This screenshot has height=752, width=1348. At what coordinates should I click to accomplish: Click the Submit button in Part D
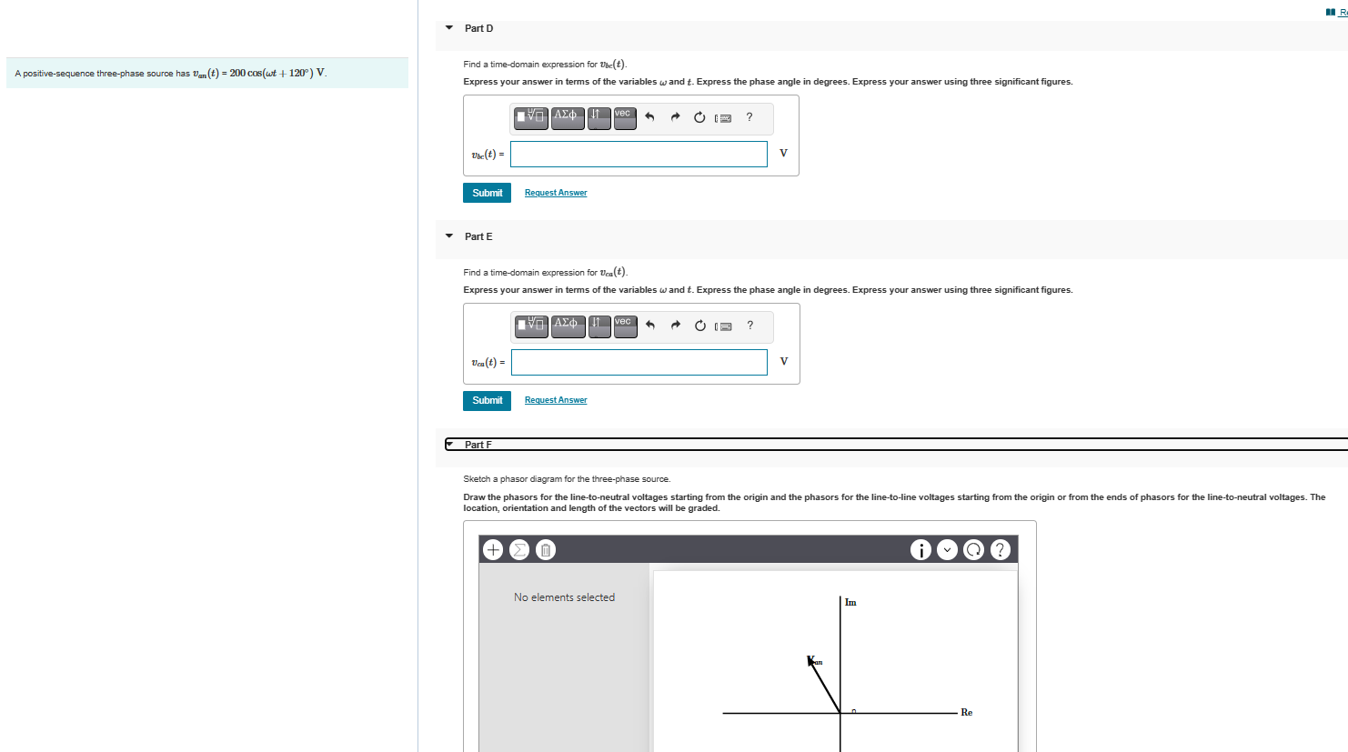coord(487,193)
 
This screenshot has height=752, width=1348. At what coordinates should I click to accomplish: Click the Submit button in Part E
coord(487,401)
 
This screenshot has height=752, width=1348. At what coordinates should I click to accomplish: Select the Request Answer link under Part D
coord(556,193)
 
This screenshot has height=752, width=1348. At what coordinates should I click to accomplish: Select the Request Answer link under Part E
coord(556,400)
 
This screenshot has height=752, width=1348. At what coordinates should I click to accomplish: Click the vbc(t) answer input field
coord(639,155)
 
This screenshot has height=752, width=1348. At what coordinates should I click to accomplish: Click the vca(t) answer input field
coord(639,363)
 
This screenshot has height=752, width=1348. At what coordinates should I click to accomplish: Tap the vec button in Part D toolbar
coord(624,117)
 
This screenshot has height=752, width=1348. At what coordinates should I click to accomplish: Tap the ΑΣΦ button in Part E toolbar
coord(568,326)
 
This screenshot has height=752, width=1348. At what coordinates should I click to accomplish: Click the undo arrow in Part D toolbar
coord(649,117)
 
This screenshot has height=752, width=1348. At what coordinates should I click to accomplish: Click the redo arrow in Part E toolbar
coord(675,326)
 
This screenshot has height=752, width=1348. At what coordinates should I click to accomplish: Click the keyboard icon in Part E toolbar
coord(724,326)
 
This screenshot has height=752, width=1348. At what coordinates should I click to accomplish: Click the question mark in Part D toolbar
coord(749,117)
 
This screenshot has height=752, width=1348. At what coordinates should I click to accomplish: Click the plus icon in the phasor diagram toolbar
coord(493,549)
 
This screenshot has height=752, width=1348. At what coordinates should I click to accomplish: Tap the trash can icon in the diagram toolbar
coord(545,549)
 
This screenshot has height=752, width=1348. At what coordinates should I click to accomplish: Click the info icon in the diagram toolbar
coord(920,549)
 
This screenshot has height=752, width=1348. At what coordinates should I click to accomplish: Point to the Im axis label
coord(850,602)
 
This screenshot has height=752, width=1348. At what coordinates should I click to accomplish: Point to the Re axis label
coord(966,713)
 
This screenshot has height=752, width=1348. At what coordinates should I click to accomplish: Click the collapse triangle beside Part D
coord(449,28)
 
